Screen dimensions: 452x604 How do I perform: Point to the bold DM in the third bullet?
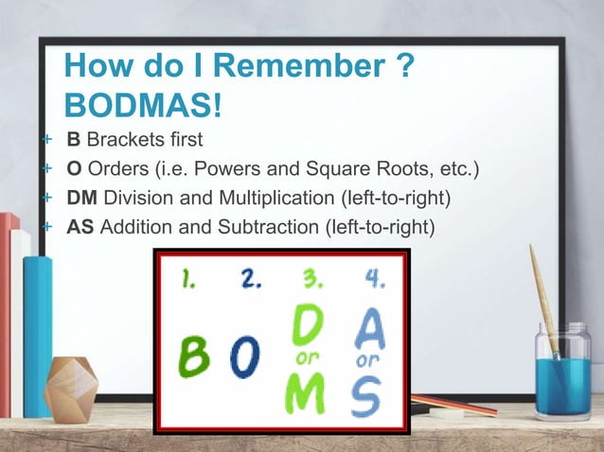point(80,199)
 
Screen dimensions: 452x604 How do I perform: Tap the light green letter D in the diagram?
point(307,326)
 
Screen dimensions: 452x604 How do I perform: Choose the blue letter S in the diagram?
point(365,395)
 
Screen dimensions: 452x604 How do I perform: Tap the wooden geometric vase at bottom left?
point(71,389)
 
